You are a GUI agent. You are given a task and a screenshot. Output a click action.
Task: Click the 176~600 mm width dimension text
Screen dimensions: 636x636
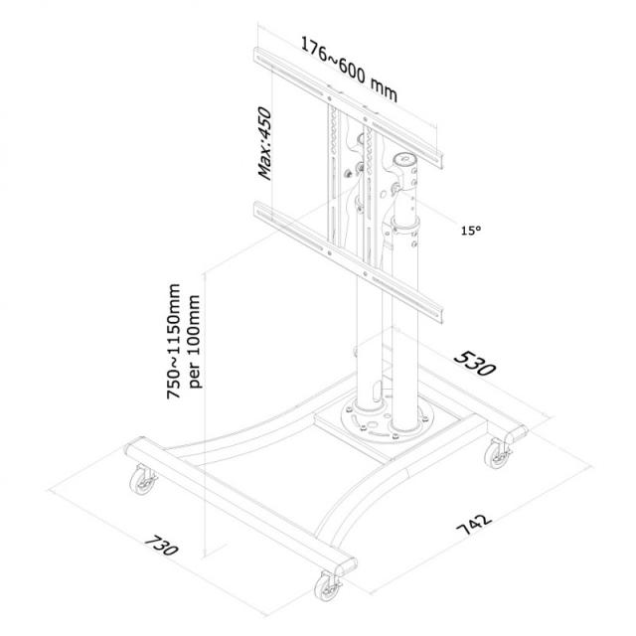point(349,71)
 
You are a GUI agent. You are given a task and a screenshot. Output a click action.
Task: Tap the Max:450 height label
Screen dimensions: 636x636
point(266,143)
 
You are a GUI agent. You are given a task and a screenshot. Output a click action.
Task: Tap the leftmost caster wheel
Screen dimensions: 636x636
point(138,486)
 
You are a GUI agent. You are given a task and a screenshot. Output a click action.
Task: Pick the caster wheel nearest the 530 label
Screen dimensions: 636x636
point(494,458)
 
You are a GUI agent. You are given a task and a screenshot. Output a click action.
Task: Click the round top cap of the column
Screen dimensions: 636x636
point(406,159)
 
